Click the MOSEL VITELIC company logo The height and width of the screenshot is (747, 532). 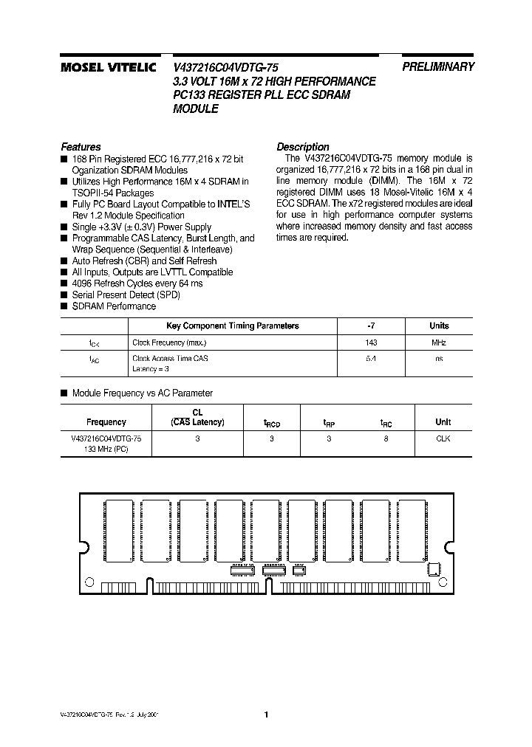coord(108,67)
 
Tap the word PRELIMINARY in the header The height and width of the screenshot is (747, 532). coord(438,66)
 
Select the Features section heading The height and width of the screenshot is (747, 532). coord(81,146)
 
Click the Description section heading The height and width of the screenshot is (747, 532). coord(302,146)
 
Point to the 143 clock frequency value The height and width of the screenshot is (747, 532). coord(371,342)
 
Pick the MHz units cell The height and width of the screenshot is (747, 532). coord(438,342)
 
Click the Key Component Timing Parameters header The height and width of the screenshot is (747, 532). coord(232,326)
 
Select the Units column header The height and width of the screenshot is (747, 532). coord(438,326)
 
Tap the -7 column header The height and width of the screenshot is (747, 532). coord(371,326)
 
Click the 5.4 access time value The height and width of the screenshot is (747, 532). coord(371,358)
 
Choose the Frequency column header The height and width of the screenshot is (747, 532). coord(106,422)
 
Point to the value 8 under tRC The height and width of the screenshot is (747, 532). coord(386,438)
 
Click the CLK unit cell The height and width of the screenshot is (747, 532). coord(443,438)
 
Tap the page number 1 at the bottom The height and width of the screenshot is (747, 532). coord(266,714)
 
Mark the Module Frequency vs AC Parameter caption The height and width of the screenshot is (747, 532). coord(142,393)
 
